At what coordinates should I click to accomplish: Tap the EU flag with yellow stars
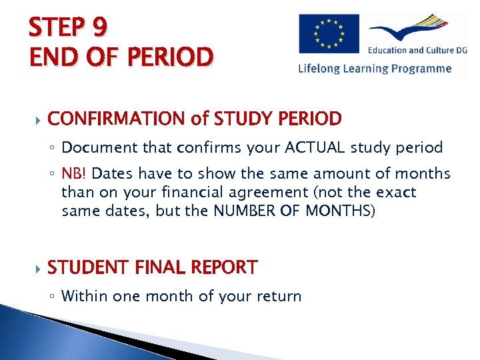[x=328, y=34]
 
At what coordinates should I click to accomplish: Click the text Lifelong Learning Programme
[x=375, y=68]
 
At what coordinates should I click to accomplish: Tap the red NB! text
[x=75, y=175]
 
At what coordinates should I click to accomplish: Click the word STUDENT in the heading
[x=87, y=267]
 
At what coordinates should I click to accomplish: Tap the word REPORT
[x=225, y=267]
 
